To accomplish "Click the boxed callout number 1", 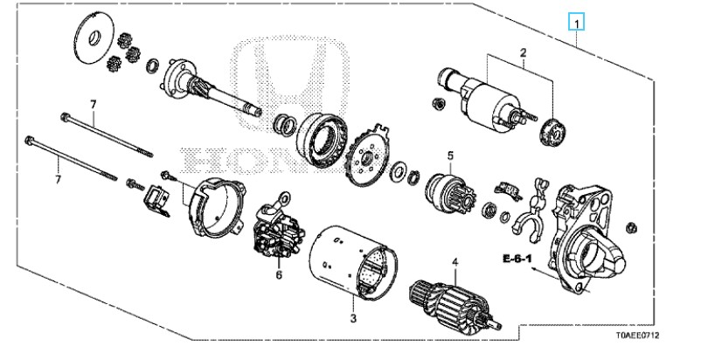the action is click(576, 23).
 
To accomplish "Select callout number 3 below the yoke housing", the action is click(353, 319).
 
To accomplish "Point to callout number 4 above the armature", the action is click(455, 262).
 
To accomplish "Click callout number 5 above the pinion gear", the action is click(450, 156).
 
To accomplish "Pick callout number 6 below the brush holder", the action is click(279, 274).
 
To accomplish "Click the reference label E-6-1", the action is click(517, 259).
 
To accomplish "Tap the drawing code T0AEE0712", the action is click(637, 336).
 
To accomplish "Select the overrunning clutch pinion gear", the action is click(449, 191).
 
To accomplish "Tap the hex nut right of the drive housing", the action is click(632, 227).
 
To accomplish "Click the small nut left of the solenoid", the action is click(437, 103).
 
